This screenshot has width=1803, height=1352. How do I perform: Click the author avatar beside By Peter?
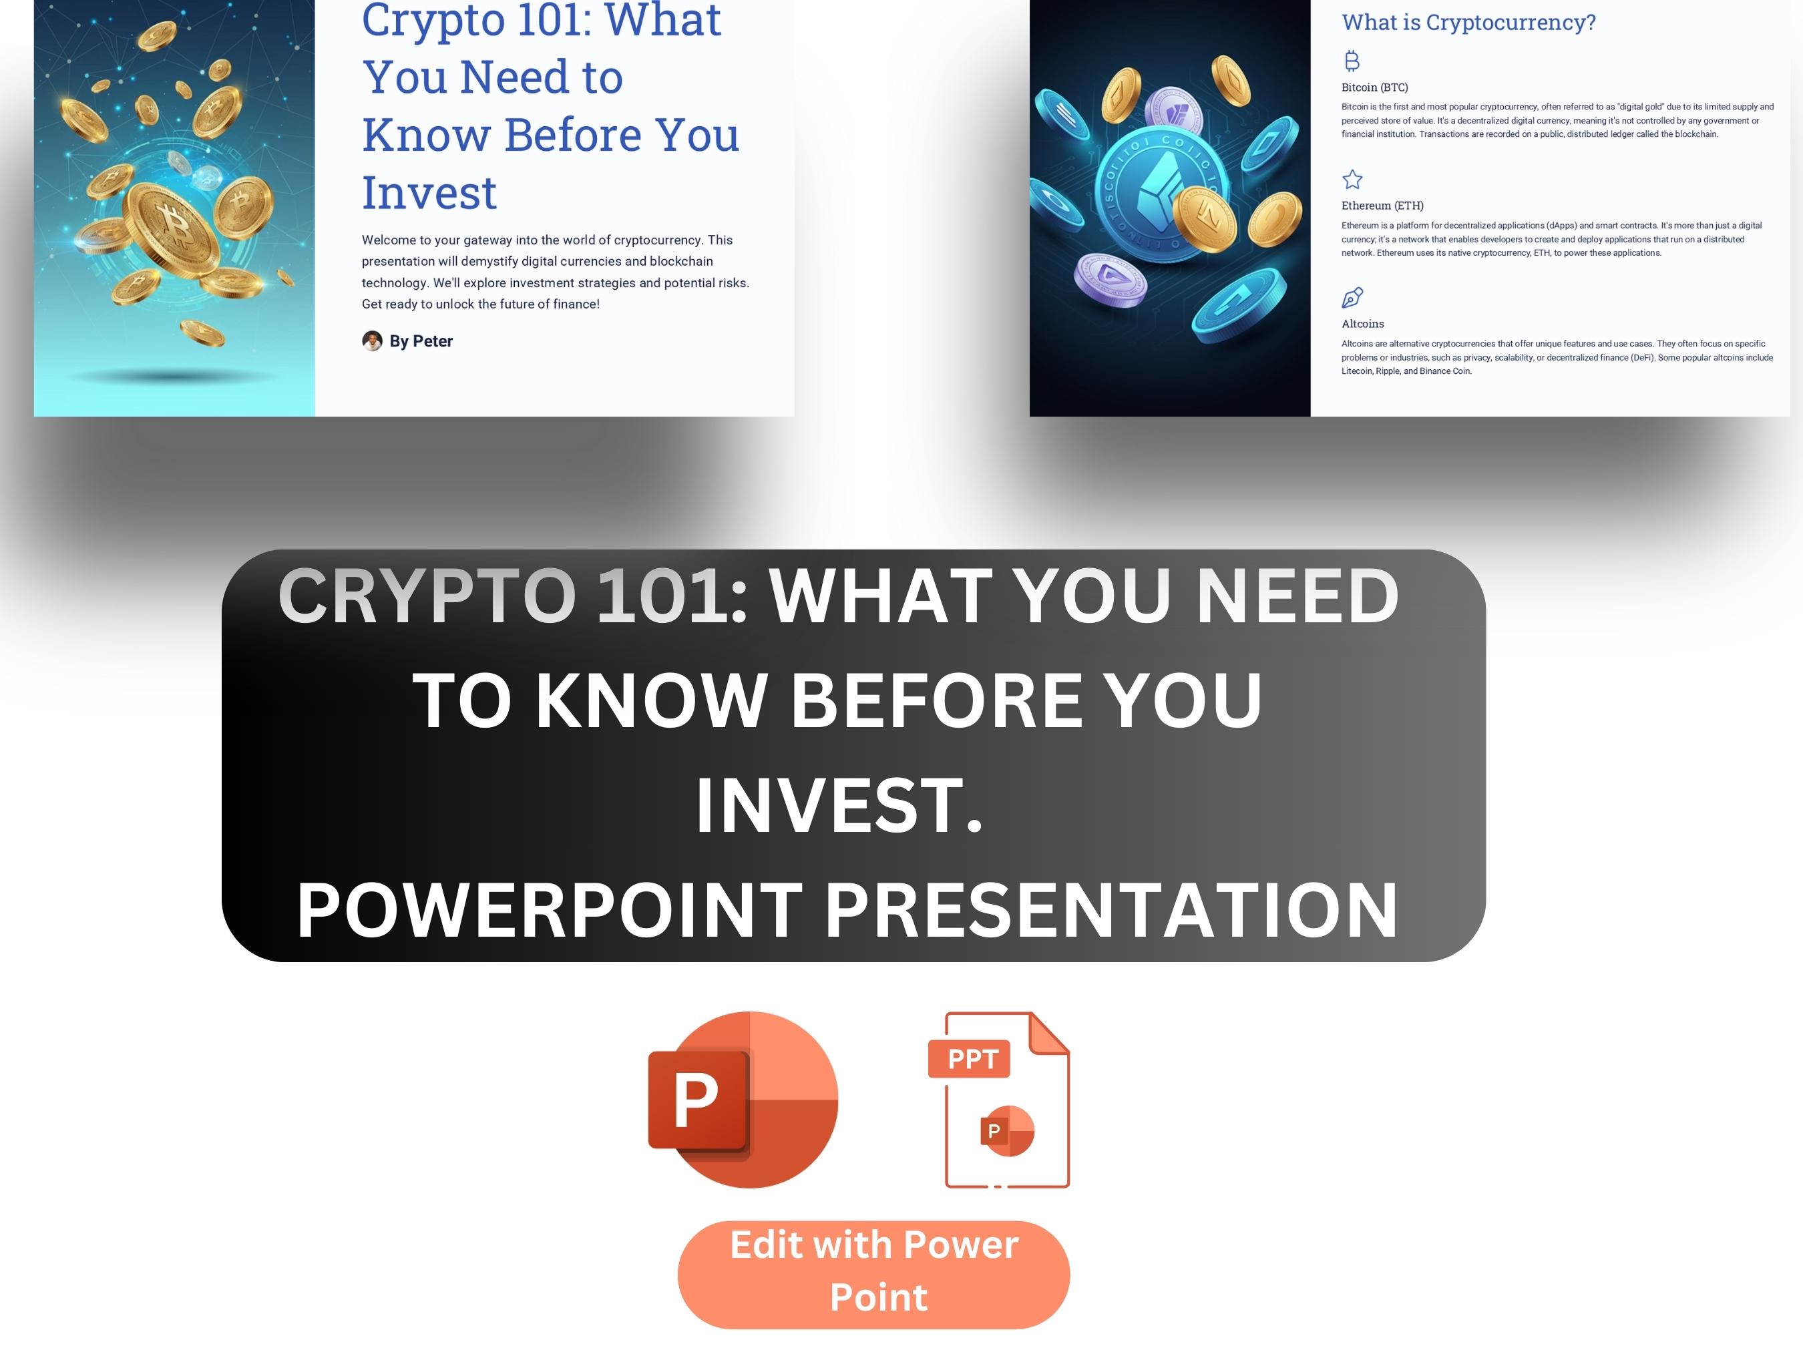coord(372,341)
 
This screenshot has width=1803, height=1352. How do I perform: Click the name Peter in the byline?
coord(432,341)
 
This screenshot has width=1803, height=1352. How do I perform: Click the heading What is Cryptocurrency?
coord(1468,23)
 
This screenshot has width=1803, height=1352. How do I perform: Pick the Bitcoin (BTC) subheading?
coord(1374,87)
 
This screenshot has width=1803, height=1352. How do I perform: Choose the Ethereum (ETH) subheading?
coord(1382,206)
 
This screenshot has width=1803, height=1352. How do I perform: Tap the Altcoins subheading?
coord(1362,324)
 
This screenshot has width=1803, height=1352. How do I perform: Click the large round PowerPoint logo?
coord(743,1100)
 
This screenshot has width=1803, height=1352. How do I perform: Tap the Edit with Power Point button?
coord(873,1275)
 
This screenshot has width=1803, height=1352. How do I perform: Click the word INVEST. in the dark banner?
coord(839,806)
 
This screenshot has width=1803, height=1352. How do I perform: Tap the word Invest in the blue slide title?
coord(429,193)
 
